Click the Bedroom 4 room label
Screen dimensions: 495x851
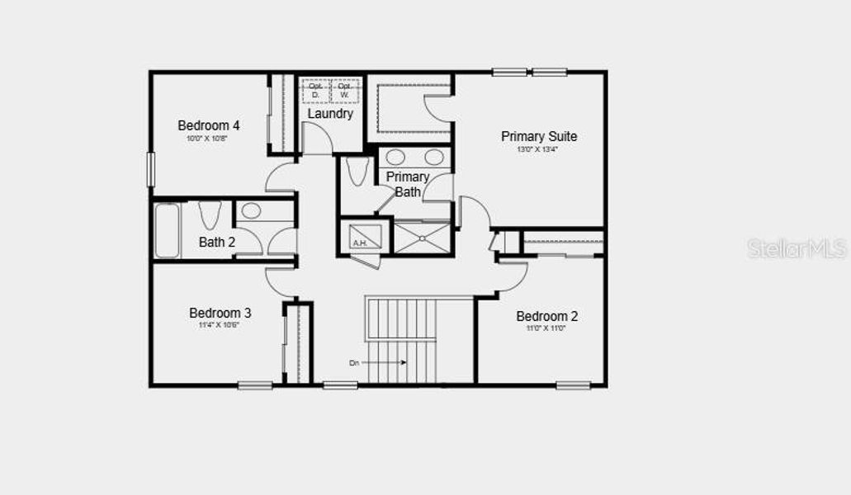[x=209, y=125]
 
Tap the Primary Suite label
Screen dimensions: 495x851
[x=539, y=136]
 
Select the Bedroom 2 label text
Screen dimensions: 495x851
[x=547, y=316]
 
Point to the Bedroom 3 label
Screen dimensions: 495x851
[x=220, y=313]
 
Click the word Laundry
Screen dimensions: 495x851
[x=330, y=114]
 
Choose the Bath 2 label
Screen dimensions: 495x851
[x=217, y=243]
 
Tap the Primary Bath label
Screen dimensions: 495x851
[x=408, y=184]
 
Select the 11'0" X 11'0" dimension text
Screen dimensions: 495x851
[x=547, y=328]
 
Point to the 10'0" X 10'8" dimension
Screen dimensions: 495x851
[x=208, y=139]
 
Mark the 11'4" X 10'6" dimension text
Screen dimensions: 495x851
[x=220, y=325]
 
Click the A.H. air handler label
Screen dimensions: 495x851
[x=360, y=243]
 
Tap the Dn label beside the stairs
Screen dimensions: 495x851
[x=354, y=362]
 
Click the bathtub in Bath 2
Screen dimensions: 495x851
[x=168, y=230]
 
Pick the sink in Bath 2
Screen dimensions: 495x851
[x=251, y=211]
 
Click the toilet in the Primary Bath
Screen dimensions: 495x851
[x=357, y=171]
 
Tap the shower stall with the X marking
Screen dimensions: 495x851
[x=421, y=238]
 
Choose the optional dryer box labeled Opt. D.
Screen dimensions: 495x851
[x=315, y=90]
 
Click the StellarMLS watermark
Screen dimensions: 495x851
[x=797, y=248]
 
